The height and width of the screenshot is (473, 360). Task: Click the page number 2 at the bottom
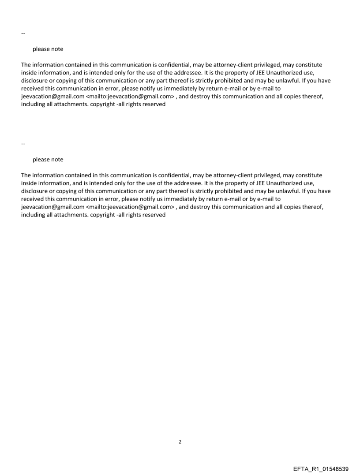click(180, 442)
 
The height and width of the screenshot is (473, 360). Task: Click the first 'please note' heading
click(48, 49)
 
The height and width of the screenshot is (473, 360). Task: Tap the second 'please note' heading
click(48, 159)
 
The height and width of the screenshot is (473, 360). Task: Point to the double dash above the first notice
click(23, 34)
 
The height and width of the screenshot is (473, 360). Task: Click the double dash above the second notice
click(23, 144)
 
